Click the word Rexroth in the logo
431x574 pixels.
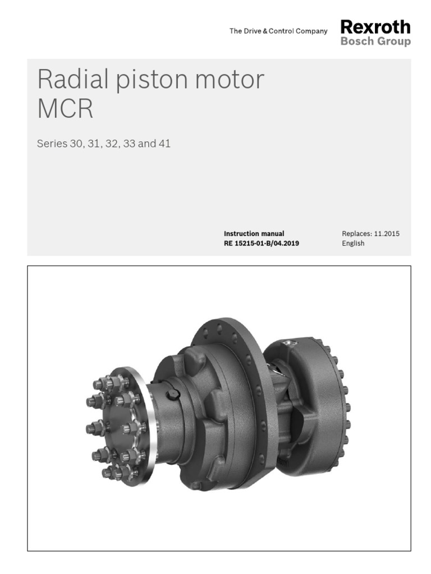375,27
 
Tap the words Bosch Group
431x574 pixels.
375,42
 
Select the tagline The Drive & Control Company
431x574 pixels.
278,31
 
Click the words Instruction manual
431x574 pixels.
254,234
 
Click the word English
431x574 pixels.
353,243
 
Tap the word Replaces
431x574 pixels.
356,234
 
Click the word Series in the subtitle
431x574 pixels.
51,144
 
